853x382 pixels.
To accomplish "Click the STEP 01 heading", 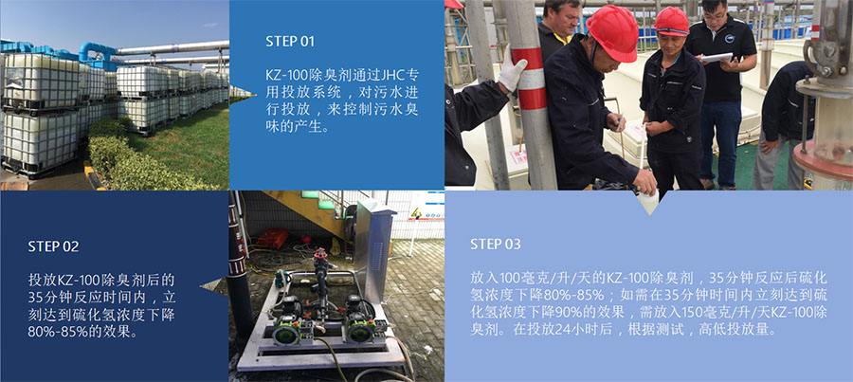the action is tap(290, 42).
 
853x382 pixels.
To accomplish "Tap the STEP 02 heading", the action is tap(53, 246).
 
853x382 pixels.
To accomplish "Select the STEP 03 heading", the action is tap(495, 245).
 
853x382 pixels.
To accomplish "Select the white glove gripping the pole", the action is tap(512, 68).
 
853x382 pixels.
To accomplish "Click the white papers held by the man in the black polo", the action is tap(717, 57).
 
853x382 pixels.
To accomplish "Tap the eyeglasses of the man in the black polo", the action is tap(713, 16).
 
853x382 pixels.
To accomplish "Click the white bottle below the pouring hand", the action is tap(648, 200).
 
